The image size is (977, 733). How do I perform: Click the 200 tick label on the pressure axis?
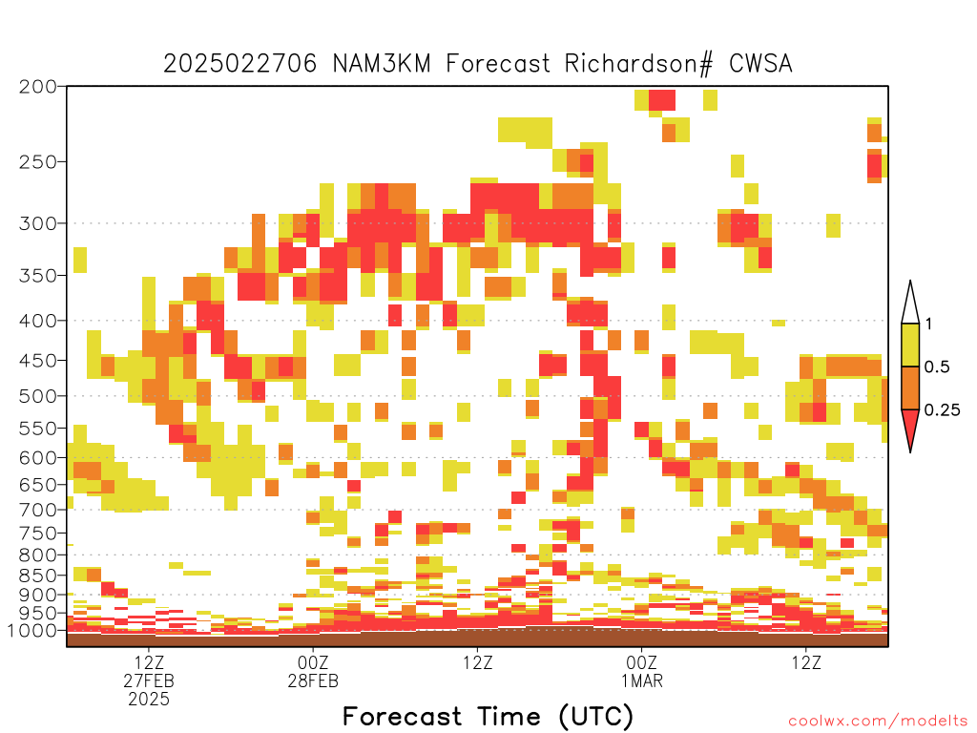38,87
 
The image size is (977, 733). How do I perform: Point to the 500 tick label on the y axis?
38,396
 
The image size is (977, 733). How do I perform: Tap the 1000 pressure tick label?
33,631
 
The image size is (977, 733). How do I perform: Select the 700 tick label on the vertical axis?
38,510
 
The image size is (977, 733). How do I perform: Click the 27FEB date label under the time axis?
149,681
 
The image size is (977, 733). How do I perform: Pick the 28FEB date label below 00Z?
313,681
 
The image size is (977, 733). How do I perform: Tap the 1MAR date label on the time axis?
642,681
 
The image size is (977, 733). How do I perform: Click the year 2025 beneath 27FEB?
149,700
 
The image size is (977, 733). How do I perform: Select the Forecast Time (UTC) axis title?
488,717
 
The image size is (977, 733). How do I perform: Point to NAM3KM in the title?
382,64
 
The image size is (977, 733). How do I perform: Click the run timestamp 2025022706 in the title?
239,64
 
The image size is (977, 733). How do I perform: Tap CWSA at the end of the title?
760,64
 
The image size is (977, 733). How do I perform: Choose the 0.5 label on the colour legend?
937,367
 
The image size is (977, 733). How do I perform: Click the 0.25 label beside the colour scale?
942,410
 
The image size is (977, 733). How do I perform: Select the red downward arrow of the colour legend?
910,430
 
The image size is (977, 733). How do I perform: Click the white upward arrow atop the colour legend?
910,303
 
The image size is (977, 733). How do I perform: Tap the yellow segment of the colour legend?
910,346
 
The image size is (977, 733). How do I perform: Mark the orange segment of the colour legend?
910,387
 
